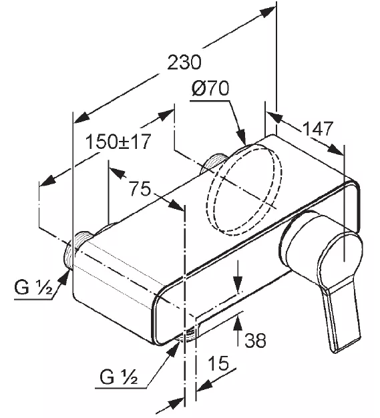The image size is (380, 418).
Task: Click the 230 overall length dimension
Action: [184, 62]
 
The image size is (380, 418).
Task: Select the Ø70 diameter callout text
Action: [210, 89]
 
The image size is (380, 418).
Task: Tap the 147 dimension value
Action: [318, 128]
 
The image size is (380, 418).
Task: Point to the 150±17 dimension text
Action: [118, 142]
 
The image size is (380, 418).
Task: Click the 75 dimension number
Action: [140, 188]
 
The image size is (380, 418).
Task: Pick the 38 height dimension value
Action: [256, 340]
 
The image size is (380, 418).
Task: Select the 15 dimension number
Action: [218, 363]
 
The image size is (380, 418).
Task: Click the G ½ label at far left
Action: [34, 288]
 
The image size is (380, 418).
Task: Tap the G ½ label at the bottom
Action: [119, 377]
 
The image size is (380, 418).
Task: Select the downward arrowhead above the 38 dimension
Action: [238, 285]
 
